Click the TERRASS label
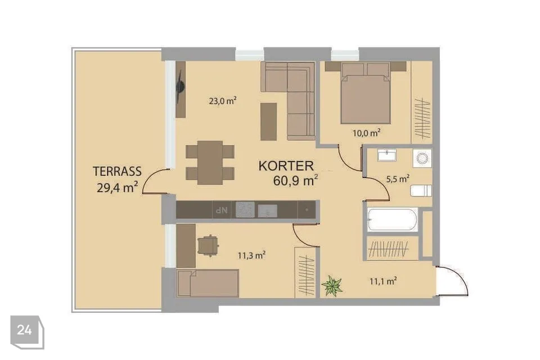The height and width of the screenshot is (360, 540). [118, 171]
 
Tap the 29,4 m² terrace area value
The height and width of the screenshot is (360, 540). [118, 187]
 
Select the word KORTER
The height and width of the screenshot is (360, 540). [286, 166]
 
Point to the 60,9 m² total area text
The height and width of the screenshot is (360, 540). [295, 180]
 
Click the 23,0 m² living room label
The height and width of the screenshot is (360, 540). [223, 101]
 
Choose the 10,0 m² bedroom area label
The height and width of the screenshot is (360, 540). [366, 133]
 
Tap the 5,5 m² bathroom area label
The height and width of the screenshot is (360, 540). [398, 179]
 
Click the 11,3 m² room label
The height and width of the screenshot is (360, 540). [251, 255]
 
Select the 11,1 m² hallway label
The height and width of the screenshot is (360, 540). [383, 281]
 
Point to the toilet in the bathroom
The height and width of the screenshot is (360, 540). [421, 191]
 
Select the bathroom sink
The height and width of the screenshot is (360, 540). [387, 155]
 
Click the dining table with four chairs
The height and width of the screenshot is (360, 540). [210, 162]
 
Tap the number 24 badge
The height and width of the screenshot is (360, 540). [24, 330]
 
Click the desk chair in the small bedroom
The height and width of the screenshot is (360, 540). [209, 245]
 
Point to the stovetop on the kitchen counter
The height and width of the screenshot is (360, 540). [245, 209]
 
